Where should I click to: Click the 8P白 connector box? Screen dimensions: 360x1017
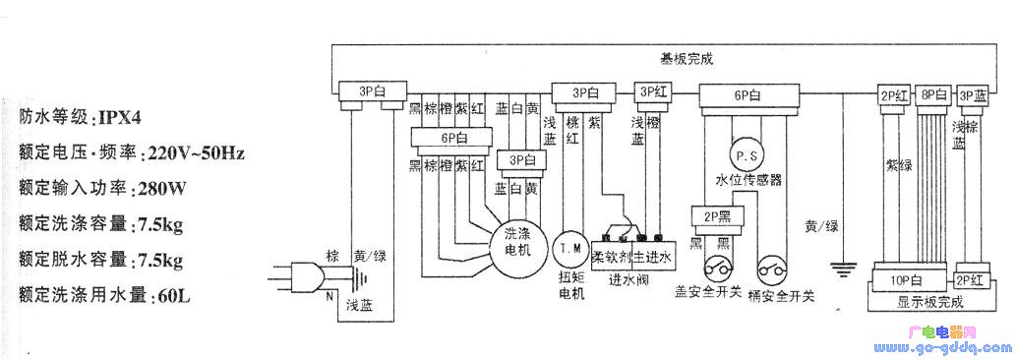(x=932, y=95)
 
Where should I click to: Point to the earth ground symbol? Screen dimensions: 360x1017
(x=842, y=265)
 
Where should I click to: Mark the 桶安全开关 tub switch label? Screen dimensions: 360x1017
(x=787, y=292)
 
